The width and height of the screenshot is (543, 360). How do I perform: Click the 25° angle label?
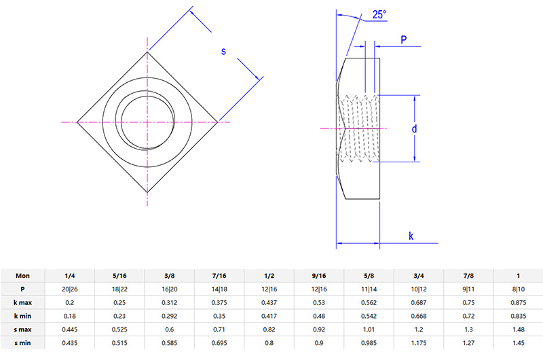click(379, 14)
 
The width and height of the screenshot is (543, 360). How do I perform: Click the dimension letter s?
click(224, 52)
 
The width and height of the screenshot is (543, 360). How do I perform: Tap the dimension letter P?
click(403, 41)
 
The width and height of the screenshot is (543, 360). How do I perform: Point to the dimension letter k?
click(411, 236)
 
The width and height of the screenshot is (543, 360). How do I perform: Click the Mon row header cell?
click(22, 275)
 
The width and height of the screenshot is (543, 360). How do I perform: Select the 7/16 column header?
click(219, 275)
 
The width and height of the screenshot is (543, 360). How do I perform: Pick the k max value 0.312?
click(168, 301)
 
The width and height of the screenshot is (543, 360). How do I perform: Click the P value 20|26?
click(69, 288)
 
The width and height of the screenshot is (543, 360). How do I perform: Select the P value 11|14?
click(369, 288)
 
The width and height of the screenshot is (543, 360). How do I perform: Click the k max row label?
click(22, 301)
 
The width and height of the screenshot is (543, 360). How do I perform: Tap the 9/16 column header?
click(318, 275)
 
